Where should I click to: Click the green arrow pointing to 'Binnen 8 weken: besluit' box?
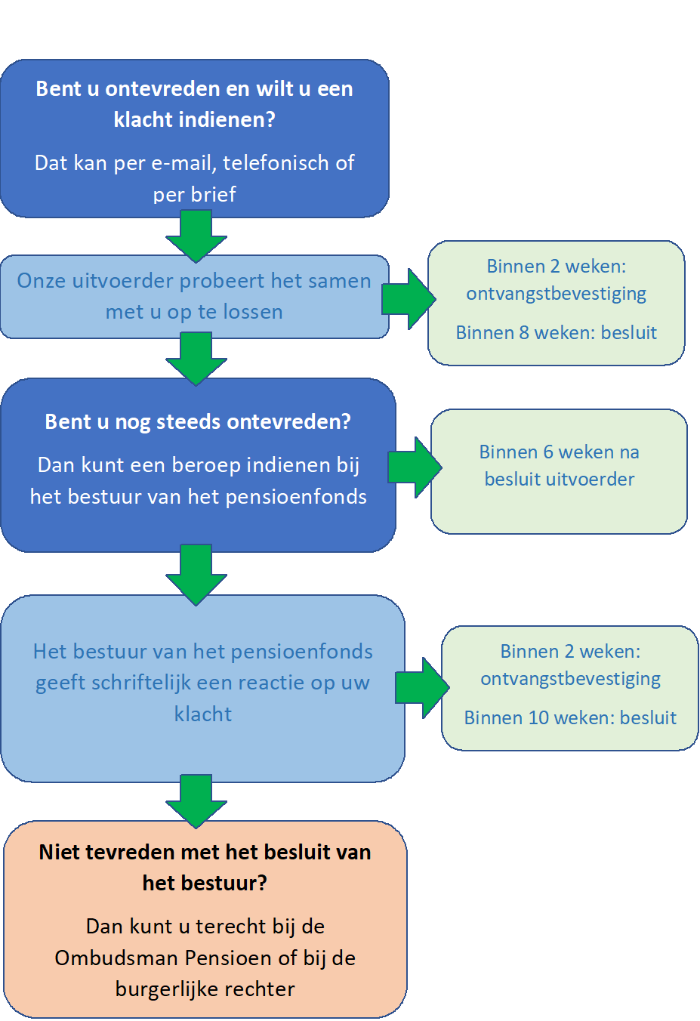click(x=409, y=299)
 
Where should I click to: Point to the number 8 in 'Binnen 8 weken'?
click(x=524, y=333)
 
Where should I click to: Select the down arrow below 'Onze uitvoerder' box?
click(x=196, y=359)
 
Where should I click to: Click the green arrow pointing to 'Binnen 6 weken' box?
click(x=415, y=467)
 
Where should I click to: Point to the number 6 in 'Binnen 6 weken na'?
click(x=548, y=452)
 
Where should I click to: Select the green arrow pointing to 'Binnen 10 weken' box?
click(x=422, y=688)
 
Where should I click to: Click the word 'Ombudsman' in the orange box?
click(x=116, y=958)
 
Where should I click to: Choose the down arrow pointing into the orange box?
click(x=196, y=800)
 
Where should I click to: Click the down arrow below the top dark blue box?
click(x=196, y=236)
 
